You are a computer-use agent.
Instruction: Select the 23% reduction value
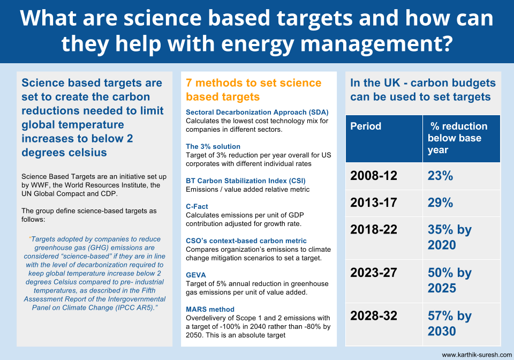pyautogui.click(x=440, y=176)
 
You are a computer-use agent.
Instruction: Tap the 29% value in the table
pyautogui.click(x=440, y=202)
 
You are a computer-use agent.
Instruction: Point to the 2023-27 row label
pyautogui.click(x=373, y=273)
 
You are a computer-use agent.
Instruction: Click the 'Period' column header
pyautogui.click(x=366, y=126)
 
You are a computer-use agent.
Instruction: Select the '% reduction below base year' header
pyautogui.click(x=457, y=138)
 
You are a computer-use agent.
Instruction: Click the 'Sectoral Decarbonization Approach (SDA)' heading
pyautogui.click(x=257, y=112)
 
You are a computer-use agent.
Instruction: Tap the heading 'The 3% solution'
pyautogui.click(x=213, y=147)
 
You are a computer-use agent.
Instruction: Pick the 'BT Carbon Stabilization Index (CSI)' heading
pyautogui.click(x=246, y=181)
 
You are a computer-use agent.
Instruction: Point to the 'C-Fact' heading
pyautogui.click(x=196, y=207)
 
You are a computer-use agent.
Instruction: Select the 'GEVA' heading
pyautogui.click(x=196, y=275)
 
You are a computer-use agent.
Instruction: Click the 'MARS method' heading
pyautogui.click(x=210, y=309)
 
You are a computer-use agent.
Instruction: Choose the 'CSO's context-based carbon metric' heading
pyautogui.click(x=246, y=241)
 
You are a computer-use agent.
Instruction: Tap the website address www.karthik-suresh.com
pyautogui.click(x=477, y=355)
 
